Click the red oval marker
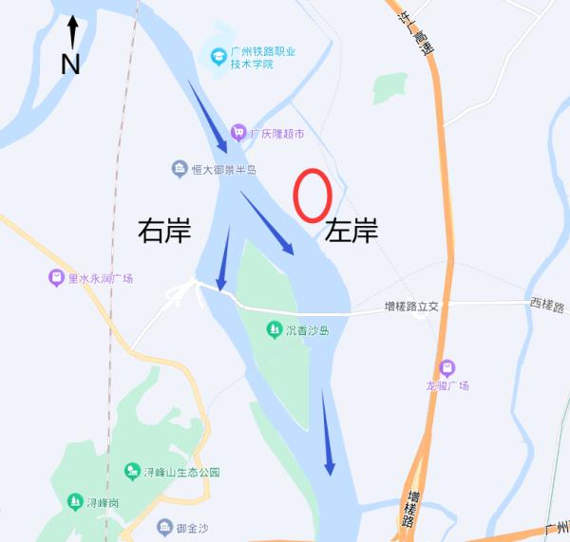tap(312, 196)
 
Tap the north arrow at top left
tap(72, 32)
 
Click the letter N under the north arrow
tap(70, 65)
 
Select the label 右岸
tap(164, 231)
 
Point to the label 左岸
tap(351, 231)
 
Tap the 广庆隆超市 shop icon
tap(237, 134)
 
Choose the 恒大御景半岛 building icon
tap(180, 170)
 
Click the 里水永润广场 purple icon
tap(57, 279)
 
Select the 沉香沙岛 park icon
tap(274, 330)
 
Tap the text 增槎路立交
tap(411, 307)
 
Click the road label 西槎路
tap(546, 307)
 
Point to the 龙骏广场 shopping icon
tap(446, 368)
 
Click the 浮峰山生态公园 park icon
tap(132, 472)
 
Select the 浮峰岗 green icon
tap(74, 501)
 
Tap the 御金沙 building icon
tap(161, 528)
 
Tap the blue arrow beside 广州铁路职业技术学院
tap(208, 116)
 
